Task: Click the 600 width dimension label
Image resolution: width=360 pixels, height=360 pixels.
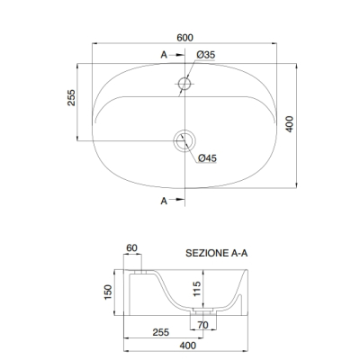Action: [x=184, y=38]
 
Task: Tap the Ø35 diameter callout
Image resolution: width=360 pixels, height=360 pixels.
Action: [x=206, y=55]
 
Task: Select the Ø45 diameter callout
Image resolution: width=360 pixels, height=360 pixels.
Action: [x=207, y=158]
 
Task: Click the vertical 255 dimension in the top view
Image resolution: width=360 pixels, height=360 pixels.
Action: [x=71, y=97]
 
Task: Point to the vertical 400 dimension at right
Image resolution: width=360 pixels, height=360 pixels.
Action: [x=289, y=124]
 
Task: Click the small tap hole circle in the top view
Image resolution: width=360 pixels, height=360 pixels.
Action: [x=184, y=84]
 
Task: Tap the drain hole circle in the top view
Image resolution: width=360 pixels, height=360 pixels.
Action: [x=184, y=140]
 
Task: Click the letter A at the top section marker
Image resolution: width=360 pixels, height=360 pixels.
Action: [x=164, y=55]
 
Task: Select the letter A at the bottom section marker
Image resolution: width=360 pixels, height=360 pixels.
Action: [x=164, y=201]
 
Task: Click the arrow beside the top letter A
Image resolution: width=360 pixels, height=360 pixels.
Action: [x=176, y=55]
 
